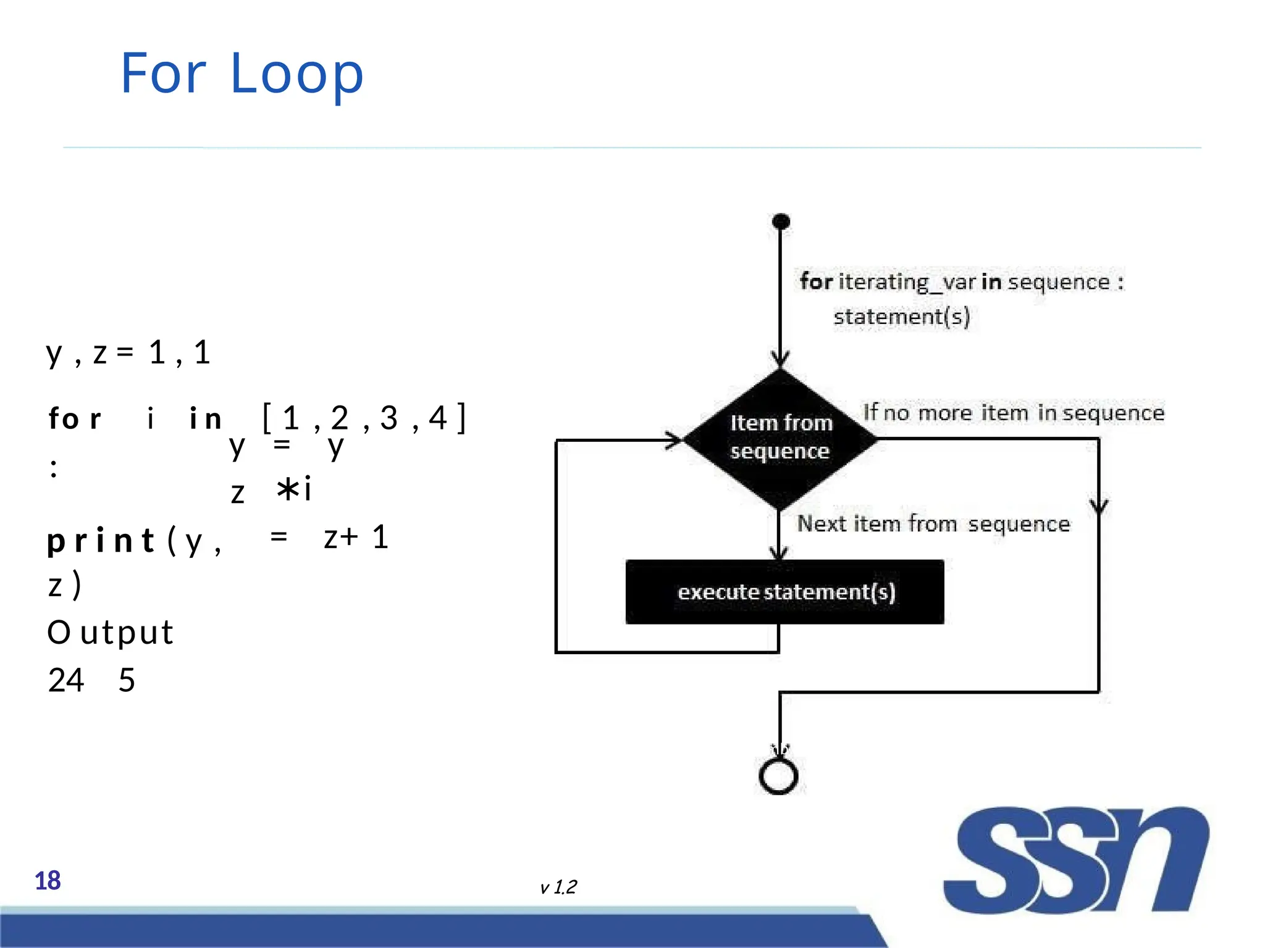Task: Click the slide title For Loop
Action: click(242, 74)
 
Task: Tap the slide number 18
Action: click(48, 881)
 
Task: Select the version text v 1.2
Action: click(558, 887)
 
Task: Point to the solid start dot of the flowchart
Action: click(781, 221)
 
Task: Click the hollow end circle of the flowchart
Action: click(778, 776)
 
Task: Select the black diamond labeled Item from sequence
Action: click(780, 438)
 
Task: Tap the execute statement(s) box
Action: click(784, 592)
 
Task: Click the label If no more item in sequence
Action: click(1013, 412)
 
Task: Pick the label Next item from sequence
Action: click(933, 523)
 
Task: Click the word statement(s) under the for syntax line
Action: click(901, 317)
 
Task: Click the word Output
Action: click(111, 633)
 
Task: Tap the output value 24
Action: click(65, 680)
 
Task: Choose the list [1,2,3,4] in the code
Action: click(364, 418)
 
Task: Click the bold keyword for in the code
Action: click(75, 418)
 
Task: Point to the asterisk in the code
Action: click(287, 489)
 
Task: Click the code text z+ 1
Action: click(356, 537)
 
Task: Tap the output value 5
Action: click(127, 680)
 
